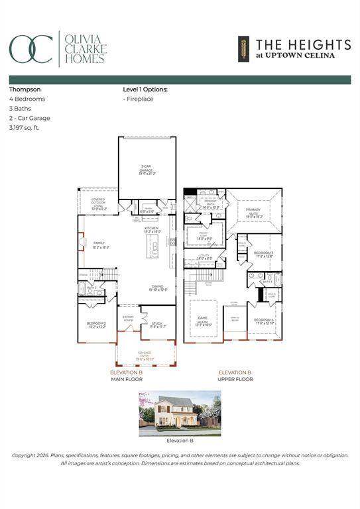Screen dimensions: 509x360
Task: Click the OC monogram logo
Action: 30,49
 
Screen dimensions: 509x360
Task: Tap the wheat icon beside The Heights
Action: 244,48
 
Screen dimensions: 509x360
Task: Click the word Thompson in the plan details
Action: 24,88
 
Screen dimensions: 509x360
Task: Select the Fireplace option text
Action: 139,99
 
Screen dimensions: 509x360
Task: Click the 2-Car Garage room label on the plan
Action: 147,171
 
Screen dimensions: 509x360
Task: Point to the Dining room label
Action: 157,288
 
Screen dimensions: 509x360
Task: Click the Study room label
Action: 156,325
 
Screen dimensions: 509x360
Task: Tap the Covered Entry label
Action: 145,354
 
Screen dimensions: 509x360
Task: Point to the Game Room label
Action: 203,319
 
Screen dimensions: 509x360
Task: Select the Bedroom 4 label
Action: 263,321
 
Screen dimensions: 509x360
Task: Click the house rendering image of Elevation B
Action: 179,412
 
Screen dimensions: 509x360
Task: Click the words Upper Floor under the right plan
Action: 235,379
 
